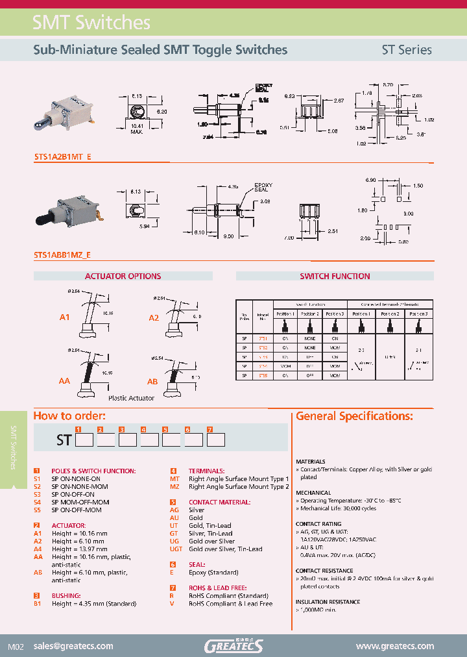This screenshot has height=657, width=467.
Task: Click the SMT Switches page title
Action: pyautogui.click(x=91, y=23)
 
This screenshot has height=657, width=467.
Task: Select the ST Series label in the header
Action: pyautogui.click(x=406, y=49)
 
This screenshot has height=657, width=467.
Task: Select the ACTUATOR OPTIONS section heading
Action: pyautogui.click(x=123, y=276)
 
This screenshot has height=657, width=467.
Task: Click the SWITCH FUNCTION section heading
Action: pyautogui.click(x=335, y=276)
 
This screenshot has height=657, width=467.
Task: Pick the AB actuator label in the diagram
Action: pyautogui.click(x=152, y=382)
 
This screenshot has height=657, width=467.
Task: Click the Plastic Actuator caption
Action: pyautogui.click(x=132, y=398)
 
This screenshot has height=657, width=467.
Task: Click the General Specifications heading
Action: pyautogui.click(x=354, y=416)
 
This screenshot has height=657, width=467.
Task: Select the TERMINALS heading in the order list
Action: pyautogui.click(x=206, y=471)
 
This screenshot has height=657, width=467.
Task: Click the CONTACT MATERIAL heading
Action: pyautogui.click(x=219, y=502)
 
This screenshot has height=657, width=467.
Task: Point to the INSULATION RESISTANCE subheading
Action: pyautogui.click(x=328, y=602)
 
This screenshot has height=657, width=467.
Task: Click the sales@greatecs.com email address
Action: pyautogui.click(x=73, y=646)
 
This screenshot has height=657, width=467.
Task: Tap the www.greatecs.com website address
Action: pyautogui.click(x=394, y=646)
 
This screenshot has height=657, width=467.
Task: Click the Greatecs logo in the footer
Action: pyautogui.click(x=233, y=645)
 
